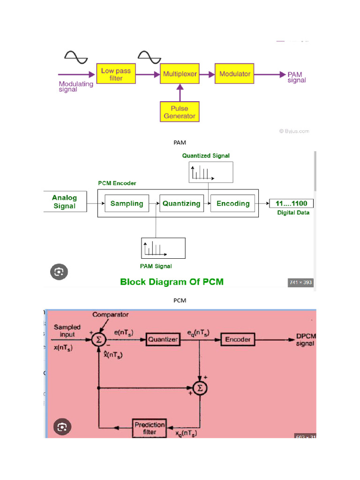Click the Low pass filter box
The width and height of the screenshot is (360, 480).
tap(116, 74)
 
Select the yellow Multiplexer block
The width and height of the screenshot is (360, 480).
tap(180, 74)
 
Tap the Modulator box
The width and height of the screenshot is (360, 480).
tap(234, 74)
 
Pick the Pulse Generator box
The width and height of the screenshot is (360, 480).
tap(179, 112)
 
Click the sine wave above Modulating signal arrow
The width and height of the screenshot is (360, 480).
tap(76, 57)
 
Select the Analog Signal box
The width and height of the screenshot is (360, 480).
tap(65, 202)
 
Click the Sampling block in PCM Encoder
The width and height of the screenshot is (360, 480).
tap(127, 203)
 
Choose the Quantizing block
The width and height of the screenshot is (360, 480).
tap(181, 203)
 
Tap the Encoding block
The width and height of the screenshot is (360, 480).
tap(233, 203)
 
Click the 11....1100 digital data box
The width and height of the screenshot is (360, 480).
tap(292, 203)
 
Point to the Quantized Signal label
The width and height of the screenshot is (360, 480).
tap(206, 156)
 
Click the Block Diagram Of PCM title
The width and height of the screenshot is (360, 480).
tap(172, 282)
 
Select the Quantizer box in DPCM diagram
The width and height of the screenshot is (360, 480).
tap(163, 339)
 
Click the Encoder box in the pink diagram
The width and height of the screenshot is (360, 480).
tap(238, 339)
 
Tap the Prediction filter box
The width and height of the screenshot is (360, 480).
tap(150, 427)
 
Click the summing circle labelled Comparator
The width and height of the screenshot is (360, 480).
tap(99, 339)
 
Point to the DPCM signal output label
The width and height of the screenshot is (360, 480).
tap(305, 340)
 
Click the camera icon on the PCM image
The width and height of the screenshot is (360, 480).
tap(59, 271)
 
